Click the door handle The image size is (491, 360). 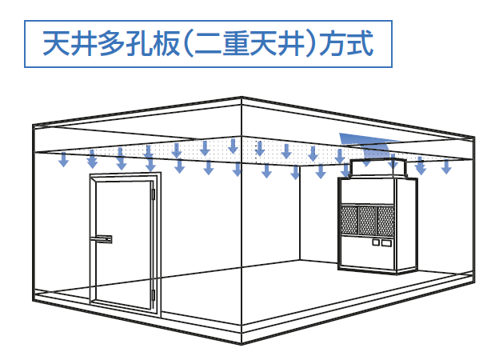coord(103,238)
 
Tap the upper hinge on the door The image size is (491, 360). coord(152,193)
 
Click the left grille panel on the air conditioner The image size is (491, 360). coord(349,218)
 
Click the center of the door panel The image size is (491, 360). coord(120,248)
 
